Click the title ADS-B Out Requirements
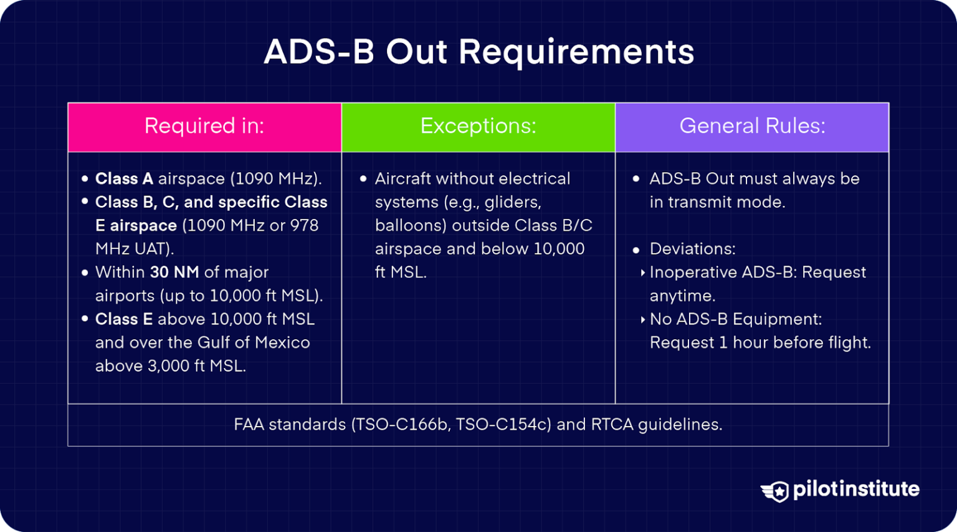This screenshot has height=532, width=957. click(478, 52)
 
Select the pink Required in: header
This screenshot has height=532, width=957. click(204, 127)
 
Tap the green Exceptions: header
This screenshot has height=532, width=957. click(478, 127)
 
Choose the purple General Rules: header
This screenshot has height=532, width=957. click(752, 127)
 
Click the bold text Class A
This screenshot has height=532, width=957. click(124, 179)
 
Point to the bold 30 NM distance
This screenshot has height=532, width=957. click(174, 273)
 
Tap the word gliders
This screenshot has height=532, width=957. click(513, 203)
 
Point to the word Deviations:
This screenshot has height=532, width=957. click(692, 249)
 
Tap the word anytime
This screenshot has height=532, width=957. click(682, 296)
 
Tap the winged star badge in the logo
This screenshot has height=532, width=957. click(776, 491)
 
